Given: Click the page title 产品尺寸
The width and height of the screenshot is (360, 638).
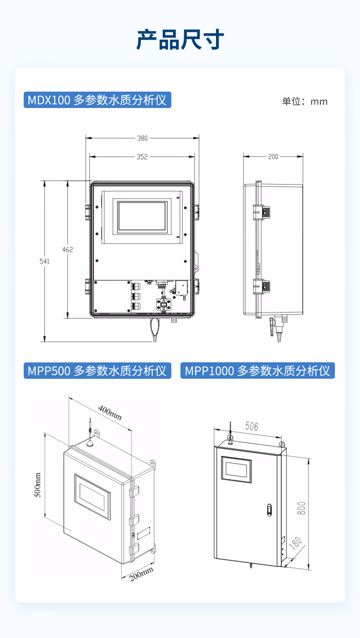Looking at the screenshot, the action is tap(180, 40).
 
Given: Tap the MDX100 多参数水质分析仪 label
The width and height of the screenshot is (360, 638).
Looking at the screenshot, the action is tap(98, 100).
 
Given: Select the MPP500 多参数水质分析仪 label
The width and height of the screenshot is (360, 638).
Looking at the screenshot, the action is tap(98, 370).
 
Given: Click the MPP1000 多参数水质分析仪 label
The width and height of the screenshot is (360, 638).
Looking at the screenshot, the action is tap(257, 370).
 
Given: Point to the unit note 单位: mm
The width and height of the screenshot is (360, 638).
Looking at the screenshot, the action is tap(305, 101).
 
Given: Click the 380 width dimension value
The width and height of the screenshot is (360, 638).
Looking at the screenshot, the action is tap(142, 138).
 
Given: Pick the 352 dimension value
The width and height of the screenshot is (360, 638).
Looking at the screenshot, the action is tap(142, 157).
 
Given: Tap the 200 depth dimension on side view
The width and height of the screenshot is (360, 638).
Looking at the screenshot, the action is tap(273, 157).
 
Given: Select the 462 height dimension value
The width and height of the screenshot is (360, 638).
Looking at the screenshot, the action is tap(68, 250).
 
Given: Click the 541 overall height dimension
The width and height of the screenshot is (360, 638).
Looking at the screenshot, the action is tap(45, 262).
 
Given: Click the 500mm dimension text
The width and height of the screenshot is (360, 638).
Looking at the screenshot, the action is tap(37, 485).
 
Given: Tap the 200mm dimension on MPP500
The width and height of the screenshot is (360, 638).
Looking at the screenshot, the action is tap(142, 574).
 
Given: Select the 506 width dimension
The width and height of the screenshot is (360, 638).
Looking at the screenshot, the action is tap(252, 427).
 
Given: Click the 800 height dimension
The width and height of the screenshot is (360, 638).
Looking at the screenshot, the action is tap(301, 508).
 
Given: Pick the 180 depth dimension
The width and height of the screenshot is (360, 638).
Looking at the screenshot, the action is tap(295, 543).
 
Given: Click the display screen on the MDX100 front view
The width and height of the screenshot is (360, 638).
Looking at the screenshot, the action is tap(142, 216).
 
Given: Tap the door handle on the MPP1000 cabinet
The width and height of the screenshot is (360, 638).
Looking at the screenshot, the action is tap(269, 510).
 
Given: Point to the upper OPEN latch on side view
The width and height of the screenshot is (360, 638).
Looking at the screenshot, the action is tap(262, 212).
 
